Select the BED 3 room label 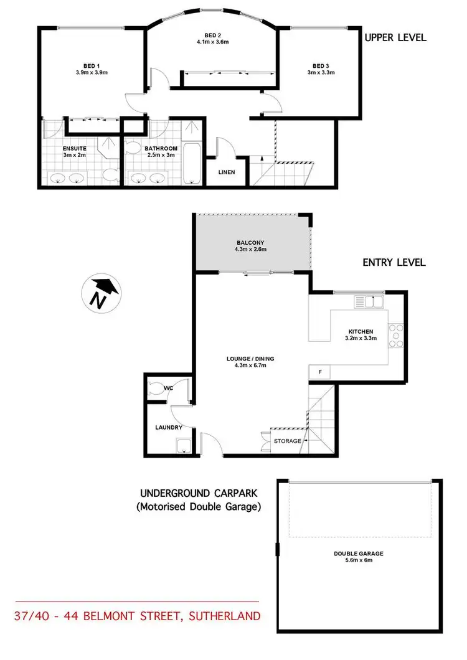[320, 66]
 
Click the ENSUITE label [62, 149]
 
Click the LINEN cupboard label [226, 172]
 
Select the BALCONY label [252, 242]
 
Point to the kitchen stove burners [395, 336]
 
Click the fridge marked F [320, 372]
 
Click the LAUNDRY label [168, 428]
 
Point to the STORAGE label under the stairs [288, 441]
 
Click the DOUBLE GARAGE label [357, 553]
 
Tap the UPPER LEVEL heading [395, 37]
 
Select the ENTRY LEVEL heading [394, 263]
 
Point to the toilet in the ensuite [112, 175]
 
